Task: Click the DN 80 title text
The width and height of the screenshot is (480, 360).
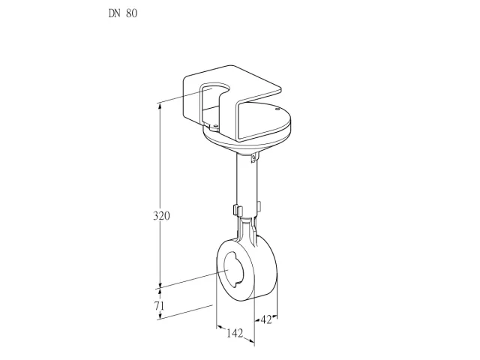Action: click(x=123, y=13)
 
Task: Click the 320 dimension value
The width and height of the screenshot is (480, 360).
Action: click(x=161, y=216)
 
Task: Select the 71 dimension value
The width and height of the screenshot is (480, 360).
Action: click(x=159, y=306)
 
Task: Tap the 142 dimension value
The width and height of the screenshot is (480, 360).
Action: click(x=235, y=333)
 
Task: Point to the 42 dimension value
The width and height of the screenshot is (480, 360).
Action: click(x=266, y=320)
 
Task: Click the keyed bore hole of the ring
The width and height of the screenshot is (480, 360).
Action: click(x=234, y=270)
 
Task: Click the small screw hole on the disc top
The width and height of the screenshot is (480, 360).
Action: click(x=277, y=109)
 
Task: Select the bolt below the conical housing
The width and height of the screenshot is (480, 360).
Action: click(x=253, y=158)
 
